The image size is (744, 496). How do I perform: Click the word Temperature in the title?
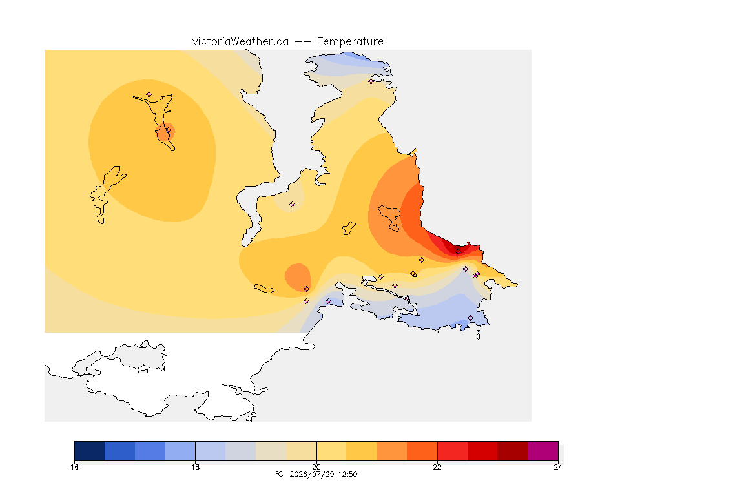click(350, 42)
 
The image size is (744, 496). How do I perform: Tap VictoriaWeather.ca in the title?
click(240, 42)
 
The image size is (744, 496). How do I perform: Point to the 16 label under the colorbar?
click(74, 467)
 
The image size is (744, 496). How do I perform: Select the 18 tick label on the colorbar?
click(196, 467)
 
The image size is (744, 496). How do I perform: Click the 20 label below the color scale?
click(316, 467)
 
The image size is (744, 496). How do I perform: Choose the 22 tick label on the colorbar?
click(437, 467)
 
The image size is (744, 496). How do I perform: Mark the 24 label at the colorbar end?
click(558, 467)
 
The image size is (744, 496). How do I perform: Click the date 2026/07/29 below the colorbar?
click(310, 474)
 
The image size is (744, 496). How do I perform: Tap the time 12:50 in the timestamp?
click(346, 474)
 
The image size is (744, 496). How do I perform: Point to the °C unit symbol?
click(279, 474)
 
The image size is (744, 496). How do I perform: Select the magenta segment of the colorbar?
click(542, 451)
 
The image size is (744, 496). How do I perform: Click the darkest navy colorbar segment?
click(90, 451)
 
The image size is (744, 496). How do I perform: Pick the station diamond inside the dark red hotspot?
click(458, 252)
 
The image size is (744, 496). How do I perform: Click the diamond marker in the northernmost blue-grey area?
click(371, 81)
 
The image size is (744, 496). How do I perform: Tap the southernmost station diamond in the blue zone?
click(470, 318)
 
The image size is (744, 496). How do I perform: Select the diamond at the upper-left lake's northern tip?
click(149, 95)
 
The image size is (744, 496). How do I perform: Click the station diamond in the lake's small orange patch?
click(168, 130)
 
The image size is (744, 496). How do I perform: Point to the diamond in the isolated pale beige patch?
click(293, 205)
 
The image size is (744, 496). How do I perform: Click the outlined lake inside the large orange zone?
click(389, 218)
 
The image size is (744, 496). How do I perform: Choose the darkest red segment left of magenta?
click(512, 451)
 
